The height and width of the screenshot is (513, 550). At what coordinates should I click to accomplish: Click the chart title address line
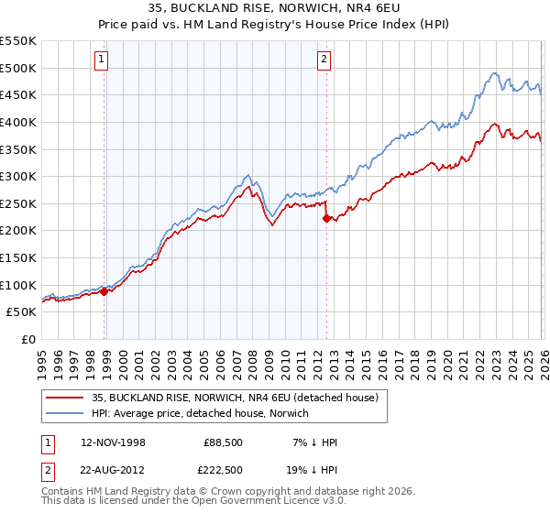point(275,7)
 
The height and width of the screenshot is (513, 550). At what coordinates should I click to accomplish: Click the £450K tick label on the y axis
point(18,94)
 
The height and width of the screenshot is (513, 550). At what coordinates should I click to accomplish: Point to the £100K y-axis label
point(18,285)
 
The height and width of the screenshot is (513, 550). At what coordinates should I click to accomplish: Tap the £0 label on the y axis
point(27,339)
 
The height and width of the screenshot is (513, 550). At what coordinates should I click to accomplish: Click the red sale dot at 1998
point(104,291)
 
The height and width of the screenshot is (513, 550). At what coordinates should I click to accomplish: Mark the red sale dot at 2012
point(326,218)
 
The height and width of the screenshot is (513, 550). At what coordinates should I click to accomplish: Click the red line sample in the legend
point(66,397)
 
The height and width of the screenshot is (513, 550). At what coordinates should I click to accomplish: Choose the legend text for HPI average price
point(200,413)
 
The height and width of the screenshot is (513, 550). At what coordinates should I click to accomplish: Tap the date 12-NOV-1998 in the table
point(113,442)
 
